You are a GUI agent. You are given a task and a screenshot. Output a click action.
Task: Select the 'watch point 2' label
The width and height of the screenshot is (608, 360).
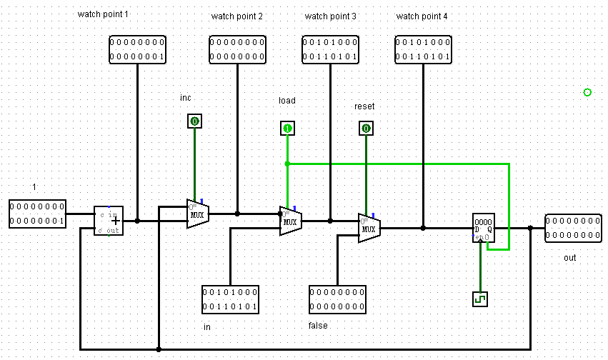click(237, 16)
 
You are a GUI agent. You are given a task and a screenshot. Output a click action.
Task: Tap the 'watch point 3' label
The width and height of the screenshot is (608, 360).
click(330, 16)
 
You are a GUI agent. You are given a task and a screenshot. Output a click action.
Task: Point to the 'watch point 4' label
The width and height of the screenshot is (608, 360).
click(422, 16)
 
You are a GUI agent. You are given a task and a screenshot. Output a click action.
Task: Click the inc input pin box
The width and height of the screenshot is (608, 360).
click(194, 121)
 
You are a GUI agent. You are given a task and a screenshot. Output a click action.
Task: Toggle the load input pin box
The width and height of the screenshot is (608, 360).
click(287, 129)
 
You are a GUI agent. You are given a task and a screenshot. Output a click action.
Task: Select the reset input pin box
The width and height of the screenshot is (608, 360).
click(366, 129)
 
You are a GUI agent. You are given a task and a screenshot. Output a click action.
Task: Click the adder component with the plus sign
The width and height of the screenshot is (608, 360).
click(109, 221)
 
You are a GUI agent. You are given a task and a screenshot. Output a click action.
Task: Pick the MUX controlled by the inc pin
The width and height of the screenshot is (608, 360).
click(197, 214)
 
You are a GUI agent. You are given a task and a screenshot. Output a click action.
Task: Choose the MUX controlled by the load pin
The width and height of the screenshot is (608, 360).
click(290, 221)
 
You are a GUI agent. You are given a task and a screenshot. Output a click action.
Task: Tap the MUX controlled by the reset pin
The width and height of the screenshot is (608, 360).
click(369, 228)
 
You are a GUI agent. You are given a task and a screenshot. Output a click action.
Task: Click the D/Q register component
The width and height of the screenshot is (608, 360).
click(483, 228)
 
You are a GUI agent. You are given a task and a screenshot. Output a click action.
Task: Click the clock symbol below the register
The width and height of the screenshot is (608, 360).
click(480, 299)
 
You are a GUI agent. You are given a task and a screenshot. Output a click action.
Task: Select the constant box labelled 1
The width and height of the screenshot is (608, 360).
click(37, 214)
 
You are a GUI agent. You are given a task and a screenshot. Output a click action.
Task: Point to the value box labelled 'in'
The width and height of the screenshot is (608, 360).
click(230, 299)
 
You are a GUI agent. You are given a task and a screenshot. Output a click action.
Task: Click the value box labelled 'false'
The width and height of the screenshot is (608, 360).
click(337, 299)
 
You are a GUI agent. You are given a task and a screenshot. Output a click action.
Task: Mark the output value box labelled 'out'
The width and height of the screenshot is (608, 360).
click(573, 228)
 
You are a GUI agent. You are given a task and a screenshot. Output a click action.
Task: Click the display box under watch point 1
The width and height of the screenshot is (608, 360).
click(137, 51)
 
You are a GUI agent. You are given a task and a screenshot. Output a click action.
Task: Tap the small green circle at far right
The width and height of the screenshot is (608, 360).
click(587, 92)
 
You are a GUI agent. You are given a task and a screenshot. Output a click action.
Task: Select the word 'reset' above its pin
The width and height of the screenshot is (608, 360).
click(364, 106)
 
